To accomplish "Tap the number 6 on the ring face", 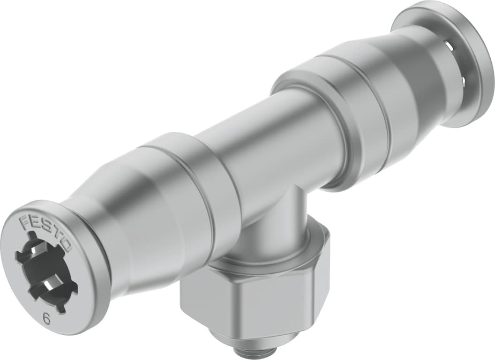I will [x=46, y=319].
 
